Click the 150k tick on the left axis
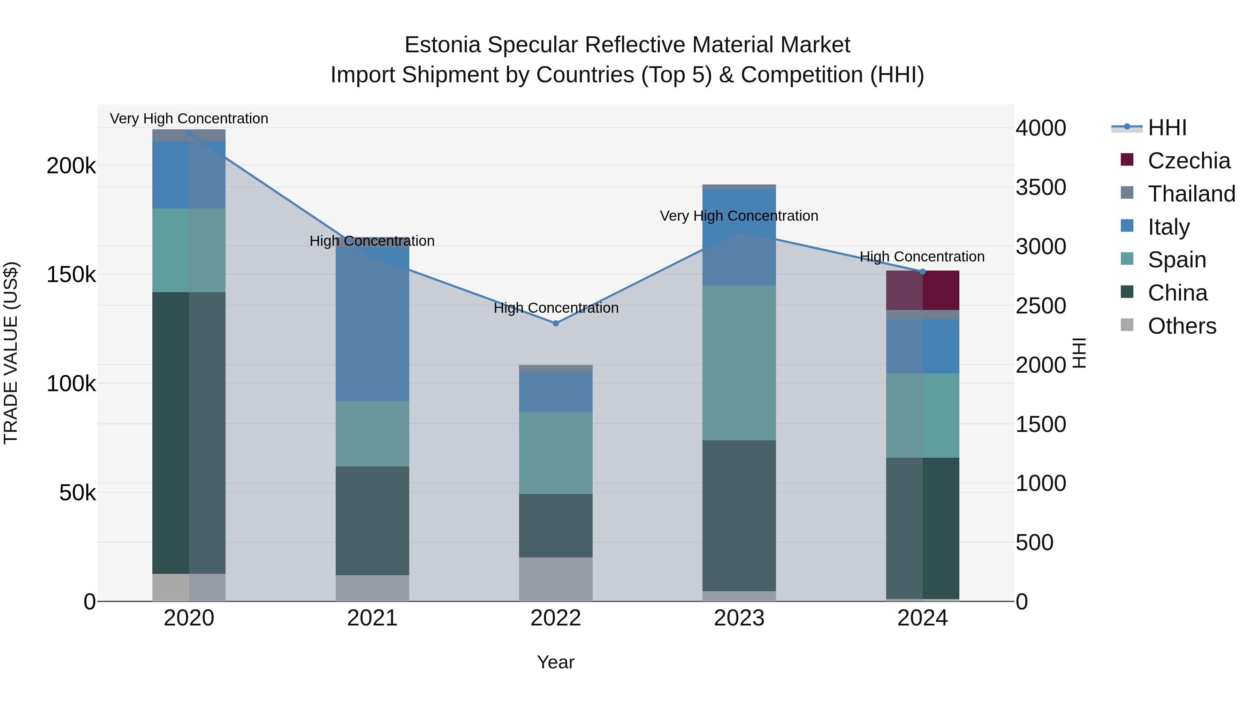pyautogui.click(x=71, y=275)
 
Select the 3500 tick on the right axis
pyautogui.click(x=1041, y=188)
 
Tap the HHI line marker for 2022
pyautogui.click(x=556, y=323)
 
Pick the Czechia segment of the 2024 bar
pyautogui.click(x=922, y=290)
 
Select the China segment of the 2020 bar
pyautogui.click(x=189, y=433)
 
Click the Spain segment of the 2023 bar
pyautogui.click(x=739, y=363)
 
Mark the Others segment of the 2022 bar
pyautogui.click(x=556, y=579)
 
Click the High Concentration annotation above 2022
pyautogui.click(x=556, y=308)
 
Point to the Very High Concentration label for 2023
pyautogui.click(x=739, y=216)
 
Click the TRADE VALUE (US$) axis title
pyautogui.click(x=11, y=353)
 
